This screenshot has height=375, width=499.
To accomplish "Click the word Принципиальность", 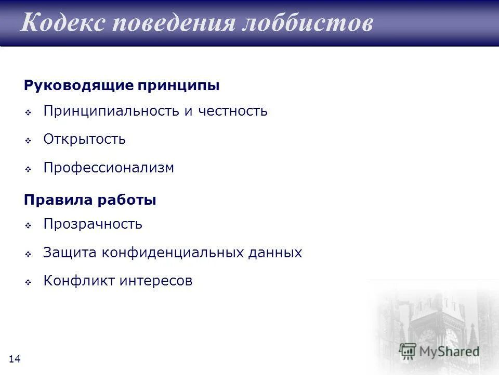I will pos(111,111).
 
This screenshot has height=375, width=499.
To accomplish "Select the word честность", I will pos(232,111).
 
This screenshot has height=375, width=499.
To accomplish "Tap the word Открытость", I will pos(85,140).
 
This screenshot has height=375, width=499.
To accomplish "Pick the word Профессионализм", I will pos(109,168).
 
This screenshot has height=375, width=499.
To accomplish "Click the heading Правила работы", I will pos(90,200).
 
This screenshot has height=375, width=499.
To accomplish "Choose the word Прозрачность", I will pos(93,224).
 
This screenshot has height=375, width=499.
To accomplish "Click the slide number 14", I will pos(15,359).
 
